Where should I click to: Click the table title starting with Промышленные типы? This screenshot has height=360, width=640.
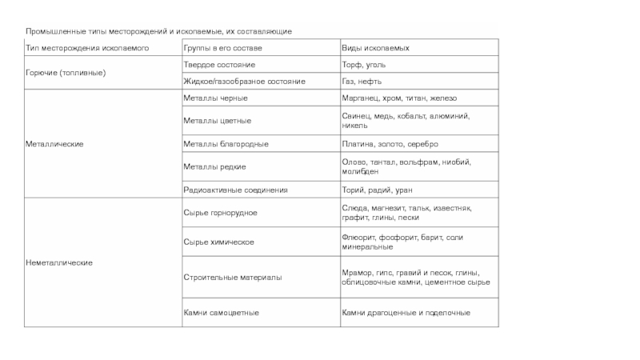pos(158,30)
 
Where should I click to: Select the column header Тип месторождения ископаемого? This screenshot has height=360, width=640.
pos(86,49)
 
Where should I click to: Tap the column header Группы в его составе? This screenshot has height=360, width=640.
pos(219,49)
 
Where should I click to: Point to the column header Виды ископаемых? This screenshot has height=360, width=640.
pos(371,49)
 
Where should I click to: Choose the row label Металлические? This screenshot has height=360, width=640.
pos(55,144)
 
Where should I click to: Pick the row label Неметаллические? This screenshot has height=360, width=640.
pos(60,262)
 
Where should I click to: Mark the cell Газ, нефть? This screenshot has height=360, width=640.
pos(362,82)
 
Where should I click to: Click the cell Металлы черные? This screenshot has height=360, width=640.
pos(215,98)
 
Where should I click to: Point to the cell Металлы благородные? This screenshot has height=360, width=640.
pos(226,144)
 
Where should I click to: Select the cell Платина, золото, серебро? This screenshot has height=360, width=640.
pos(390,144)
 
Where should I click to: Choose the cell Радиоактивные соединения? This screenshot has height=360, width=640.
pos(235,190)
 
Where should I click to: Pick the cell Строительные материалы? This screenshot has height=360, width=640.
pos(232,277)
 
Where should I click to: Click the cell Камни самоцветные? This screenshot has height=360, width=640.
pos(221,313)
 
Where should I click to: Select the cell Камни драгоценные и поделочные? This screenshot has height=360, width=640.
pos(406,313)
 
